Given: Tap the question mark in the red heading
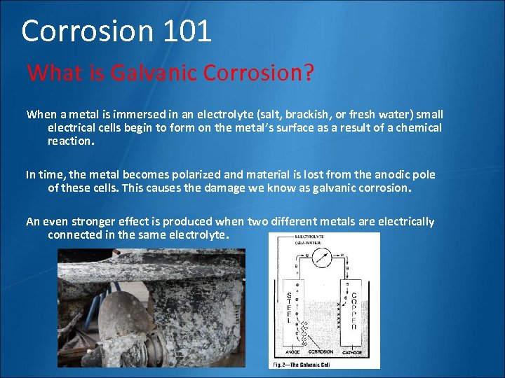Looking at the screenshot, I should [x=307, y=73].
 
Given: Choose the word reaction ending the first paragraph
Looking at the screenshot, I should [x=69, y=141].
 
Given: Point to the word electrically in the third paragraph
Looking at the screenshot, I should [x=406, y=221].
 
